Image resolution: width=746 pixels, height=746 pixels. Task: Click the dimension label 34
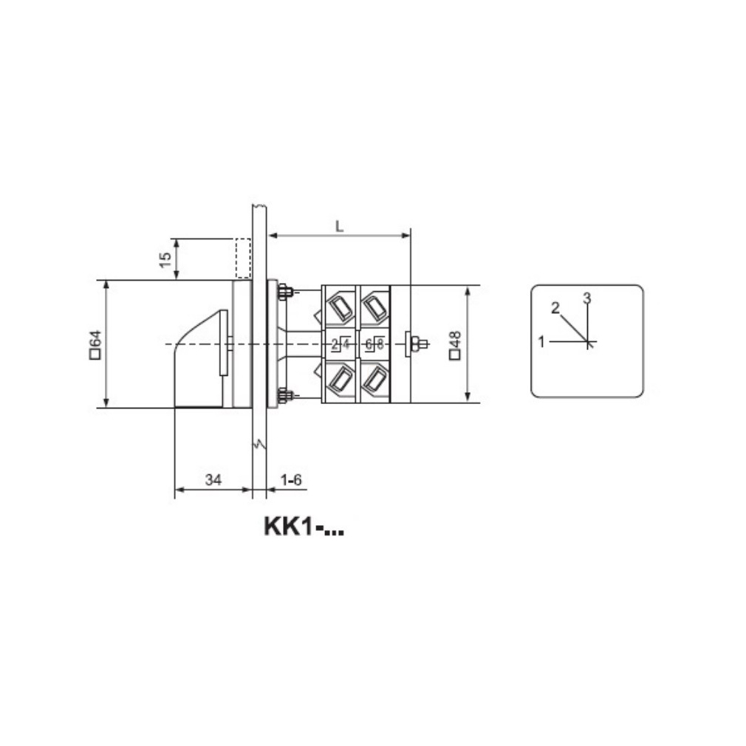point(213,479)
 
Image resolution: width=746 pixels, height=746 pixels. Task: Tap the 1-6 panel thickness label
point(291,479)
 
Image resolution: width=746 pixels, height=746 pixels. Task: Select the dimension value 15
point(165,260)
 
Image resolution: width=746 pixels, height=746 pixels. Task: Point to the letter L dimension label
point(339,227)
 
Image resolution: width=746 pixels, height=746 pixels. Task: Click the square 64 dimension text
point(95,344)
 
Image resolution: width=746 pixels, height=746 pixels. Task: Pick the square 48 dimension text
point(455,344)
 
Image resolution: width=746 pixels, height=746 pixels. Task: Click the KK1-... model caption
point(304,527)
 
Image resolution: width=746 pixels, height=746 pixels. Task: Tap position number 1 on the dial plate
point(541,341)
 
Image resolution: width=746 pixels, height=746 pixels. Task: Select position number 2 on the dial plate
point(555,308)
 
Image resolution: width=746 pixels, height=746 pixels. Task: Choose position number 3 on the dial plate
point(587,298)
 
